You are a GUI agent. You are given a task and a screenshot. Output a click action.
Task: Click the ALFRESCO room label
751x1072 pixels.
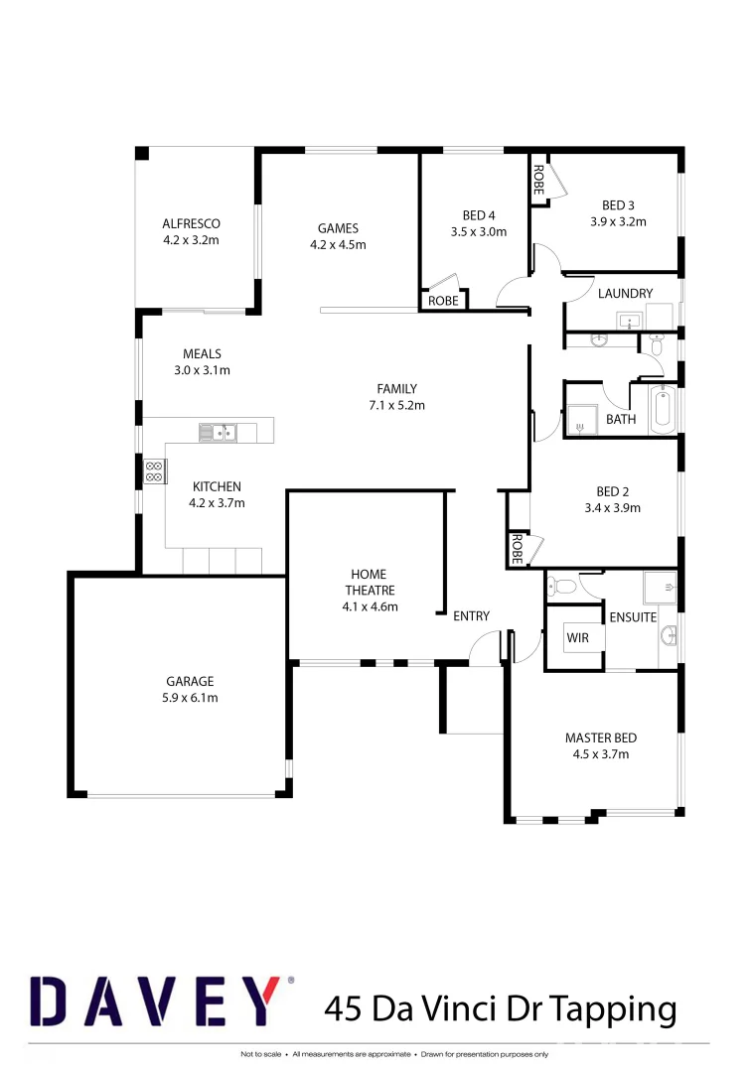click(191, 223)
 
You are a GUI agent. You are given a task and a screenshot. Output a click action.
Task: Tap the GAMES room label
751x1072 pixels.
click(338, 228)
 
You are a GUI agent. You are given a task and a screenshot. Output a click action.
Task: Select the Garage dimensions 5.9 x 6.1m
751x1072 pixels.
click(190, 698)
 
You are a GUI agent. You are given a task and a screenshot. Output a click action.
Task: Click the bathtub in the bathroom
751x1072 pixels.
click(663, 411)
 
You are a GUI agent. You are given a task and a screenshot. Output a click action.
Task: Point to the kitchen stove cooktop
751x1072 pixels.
click(155, 471)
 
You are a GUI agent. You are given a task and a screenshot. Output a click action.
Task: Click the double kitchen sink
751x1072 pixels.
click(218, 432)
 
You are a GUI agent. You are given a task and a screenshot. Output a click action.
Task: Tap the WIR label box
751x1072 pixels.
click(577, 638)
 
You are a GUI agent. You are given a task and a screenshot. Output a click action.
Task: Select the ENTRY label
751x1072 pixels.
click(471, 616)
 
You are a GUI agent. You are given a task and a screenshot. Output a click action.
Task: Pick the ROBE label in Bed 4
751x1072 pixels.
click(443, 301)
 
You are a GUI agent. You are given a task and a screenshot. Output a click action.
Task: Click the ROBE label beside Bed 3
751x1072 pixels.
click(537, 179)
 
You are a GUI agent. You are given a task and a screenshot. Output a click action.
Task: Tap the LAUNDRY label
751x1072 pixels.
click(625, 293)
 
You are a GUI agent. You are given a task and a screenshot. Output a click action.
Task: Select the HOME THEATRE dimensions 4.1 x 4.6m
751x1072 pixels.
click(369, 606)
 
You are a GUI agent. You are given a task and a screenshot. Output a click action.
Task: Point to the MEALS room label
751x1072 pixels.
click(202, 353)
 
